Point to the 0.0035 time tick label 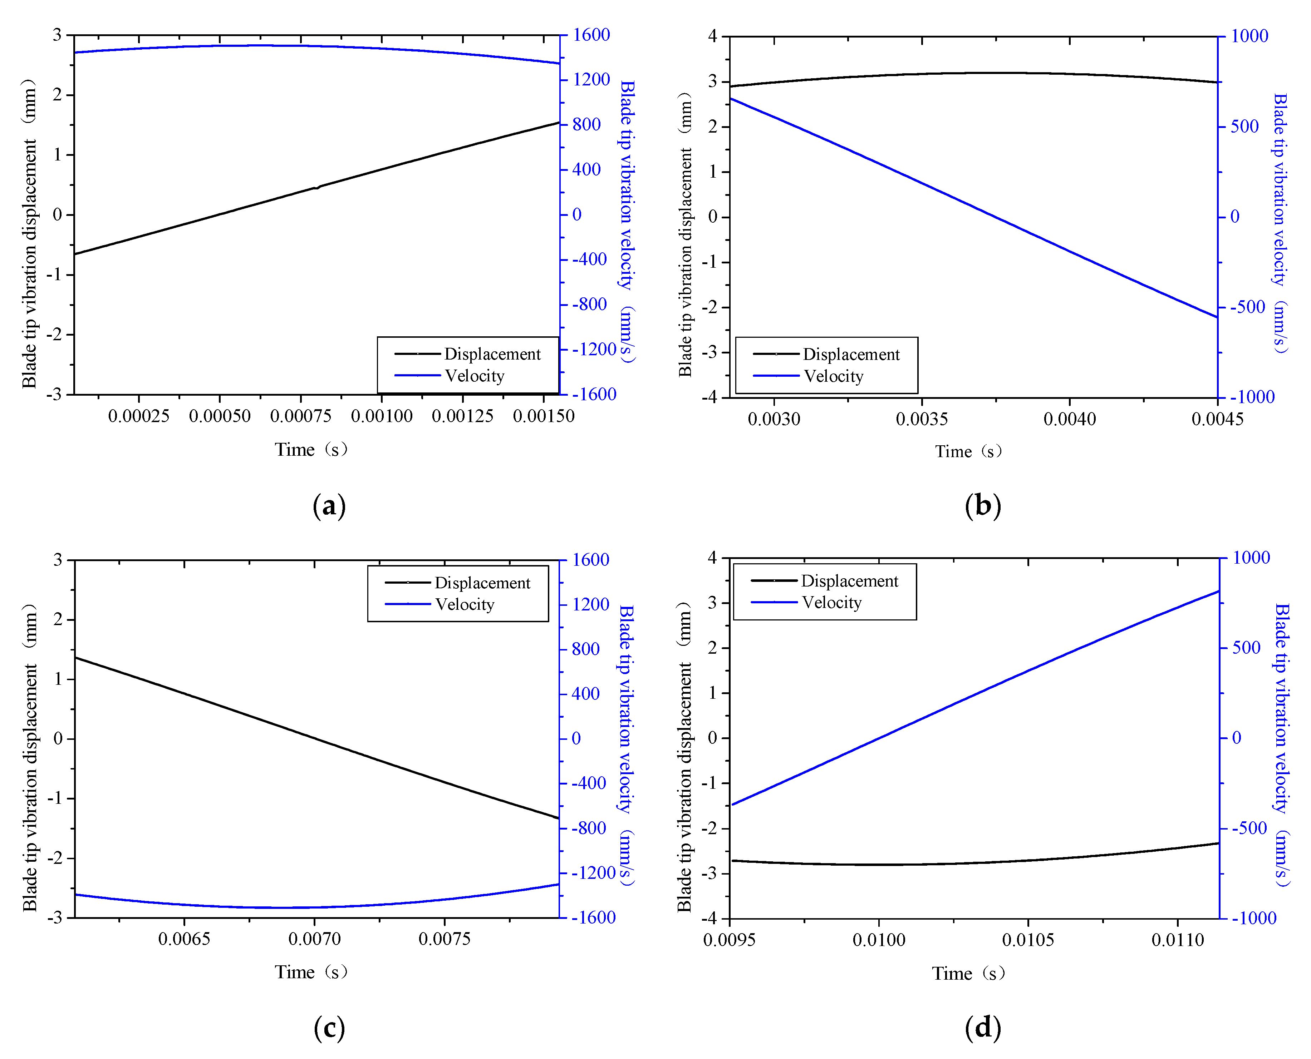[922, 419]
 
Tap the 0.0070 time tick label [314, 939]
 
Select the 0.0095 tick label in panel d [730, 940]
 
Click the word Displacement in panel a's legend [492, 355]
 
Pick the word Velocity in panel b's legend [833, 376]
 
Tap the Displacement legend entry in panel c [482, 583]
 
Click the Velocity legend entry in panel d [831, 603]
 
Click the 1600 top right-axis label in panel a [591, 35]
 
